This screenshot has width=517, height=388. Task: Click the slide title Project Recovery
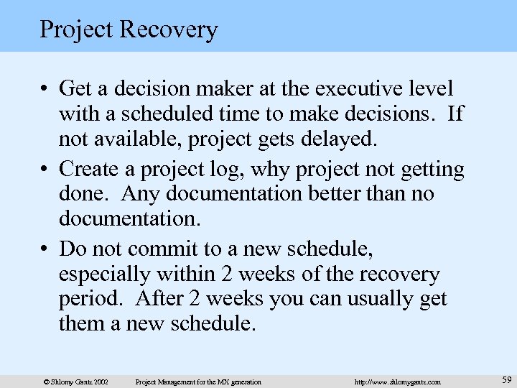pos(129,29)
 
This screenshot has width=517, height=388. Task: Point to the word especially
pos(103,274)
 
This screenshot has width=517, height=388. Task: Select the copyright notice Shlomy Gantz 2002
pos(75,382)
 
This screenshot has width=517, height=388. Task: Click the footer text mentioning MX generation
pos(198,382)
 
